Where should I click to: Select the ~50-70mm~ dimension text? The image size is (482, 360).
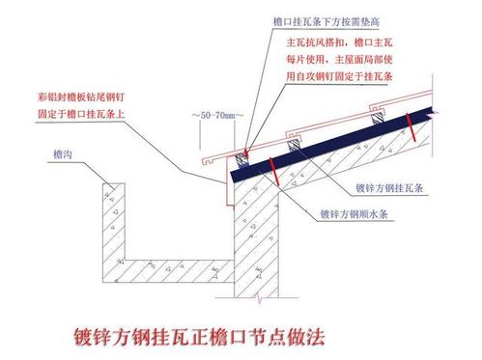pyautogui.click(x=216, y=115)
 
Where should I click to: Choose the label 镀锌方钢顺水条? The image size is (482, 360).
pyautogui.click(x=354, y=213)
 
